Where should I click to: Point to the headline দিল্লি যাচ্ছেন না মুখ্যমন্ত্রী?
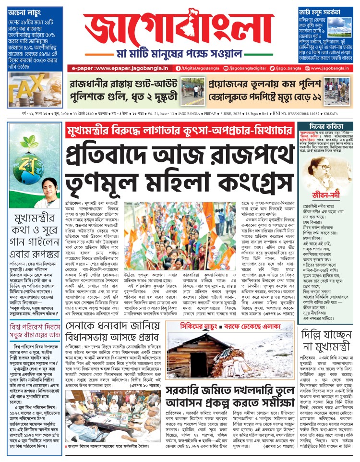click(x=328, y=326)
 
